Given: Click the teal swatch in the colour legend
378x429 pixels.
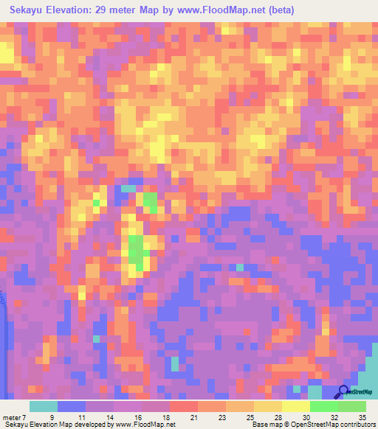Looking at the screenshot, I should coord(44,406).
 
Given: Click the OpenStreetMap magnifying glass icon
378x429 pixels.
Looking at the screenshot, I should coord(343,392).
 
